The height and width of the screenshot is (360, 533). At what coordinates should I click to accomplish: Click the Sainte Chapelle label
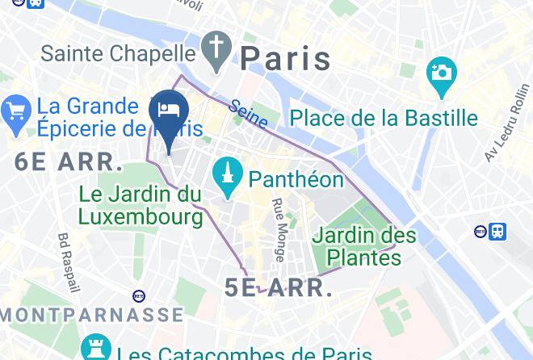[x=118, y=53]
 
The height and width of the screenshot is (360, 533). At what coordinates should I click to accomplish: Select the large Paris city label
[x=286, y=58]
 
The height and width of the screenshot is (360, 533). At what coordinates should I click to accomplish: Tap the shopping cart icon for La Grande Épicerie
[x=16, y=113]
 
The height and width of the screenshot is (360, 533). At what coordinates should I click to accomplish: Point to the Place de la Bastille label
[x=384, y=118]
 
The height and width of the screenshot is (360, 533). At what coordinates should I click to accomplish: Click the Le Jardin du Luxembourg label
[x=141, y=205]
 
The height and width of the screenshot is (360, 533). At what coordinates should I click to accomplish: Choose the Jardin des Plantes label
[x=364, y=246]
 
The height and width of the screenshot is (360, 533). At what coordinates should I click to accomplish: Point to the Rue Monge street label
[x=279, y=230]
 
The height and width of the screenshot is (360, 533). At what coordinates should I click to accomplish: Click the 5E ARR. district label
[x=279, y=288]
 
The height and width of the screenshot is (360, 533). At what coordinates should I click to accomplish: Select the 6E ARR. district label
[x=69, y=161]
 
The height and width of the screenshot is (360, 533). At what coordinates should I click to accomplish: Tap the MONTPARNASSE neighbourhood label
[x=91, y=314]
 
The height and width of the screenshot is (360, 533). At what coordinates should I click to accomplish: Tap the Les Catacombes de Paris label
[x=233, y=354]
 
